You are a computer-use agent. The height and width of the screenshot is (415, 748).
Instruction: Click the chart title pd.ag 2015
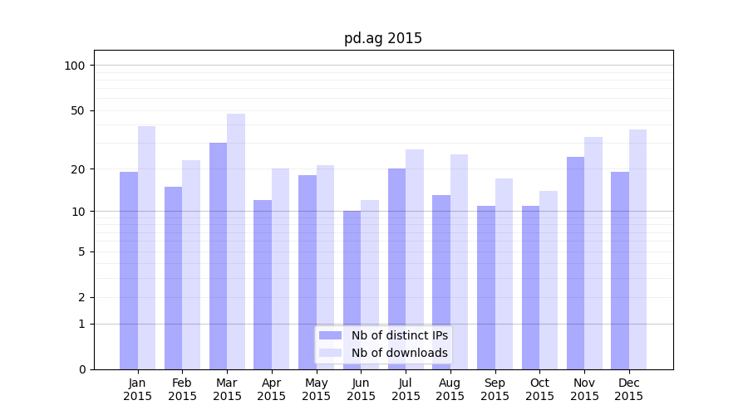[x=383, y=38]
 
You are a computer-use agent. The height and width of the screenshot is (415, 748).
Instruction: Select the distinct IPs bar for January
[x=129, y=270]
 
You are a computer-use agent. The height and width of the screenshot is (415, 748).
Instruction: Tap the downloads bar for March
[x=236, y=241]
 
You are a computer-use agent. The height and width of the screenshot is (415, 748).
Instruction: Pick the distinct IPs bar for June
[x=352, y=290]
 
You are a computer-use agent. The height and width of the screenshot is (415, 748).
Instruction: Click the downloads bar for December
[x=637, y=249]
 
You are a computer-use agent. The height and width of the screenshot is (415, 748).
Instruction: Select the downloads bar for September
[x=504, y=273]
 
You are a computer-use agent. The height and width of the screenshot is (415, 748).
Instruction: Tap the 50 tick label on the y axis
[x=78, y=110]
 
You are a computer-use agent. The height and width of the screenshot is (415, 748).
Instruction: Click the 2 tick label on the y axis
[x=81, y=297]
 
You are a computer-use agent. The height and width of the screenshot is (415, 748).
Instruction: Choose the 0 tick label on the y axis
[x=81, y=369]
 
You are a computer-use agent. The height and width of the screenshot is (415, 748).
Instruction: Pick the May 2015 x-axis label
[x=317, y=389]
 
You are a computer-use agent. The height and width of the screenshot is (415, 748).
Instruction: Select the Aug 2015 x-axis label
[x=450, y=389]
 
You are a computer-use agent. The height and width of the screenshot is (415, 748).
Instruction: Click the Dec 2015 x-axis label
[x=629, y=389]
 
